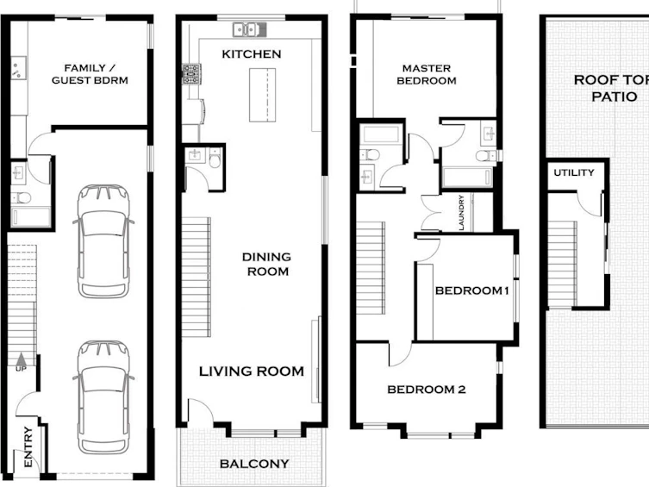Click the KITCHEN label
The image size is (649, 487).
pyautogui.click(x=251, y=53)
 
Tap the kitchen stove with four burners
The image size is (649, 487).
pyautogui.click(x=191, y=74)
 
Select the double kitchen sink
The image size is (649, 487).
pyautogui.click(x=249, y=30)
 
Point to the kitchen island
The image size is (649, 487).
pyautogui.click(x=262, y=95)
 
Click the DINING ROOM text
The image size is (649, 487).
pyautogui.click(x=266, y=264)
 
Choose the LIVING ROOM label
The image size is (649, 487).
pyautogui.click(x=252, y=371)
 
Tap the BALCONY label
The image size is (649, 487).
pyautogui.click(x=254, y=464)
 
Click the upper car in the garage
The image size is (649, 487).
pyautogui.click(x=103, y=241)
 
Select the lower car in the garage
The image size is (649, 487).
pyautogui.click(x=103, y=397)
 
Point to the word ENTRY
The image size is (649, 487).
pyautogui.click(x=28, y=446)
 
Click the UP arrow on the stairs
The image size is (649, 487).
pyautogui.click(x=21, y=359)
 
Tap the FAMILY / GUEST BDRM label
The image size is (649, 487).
pyautogui.click(x=90, y=73)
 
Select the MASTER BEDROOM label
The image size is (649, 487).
pyautogui.click(x=427, y=74)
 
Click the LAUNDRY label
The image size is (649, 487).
pyautogui.click(x=461, y=213)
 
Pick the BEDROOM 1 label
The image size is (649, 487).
pyautogui.click(x=471, y=290)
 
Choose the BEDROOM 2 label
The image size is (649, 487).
pyautogui.click(x=427, y=390)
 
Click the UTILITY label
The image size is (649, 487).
pyautogui.click(x=574, y=172)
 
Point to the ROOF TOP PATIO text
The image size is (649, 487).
pyautogui.click(x=611, y=88)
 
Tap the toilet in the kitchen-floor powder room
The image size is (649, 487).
pyautogui.click(x=215, y=158)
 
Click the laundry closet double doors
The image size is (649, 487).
pyautogui.click(x=431, y=213)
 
